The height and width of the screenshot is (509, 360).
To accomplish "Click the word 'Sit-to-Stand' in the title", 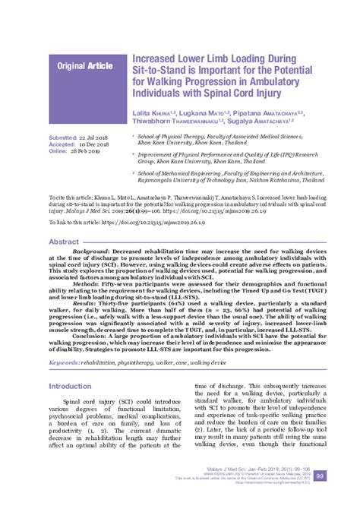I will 164,68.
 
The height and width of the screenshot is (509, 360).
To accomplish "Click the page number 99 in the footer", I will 320,497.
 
